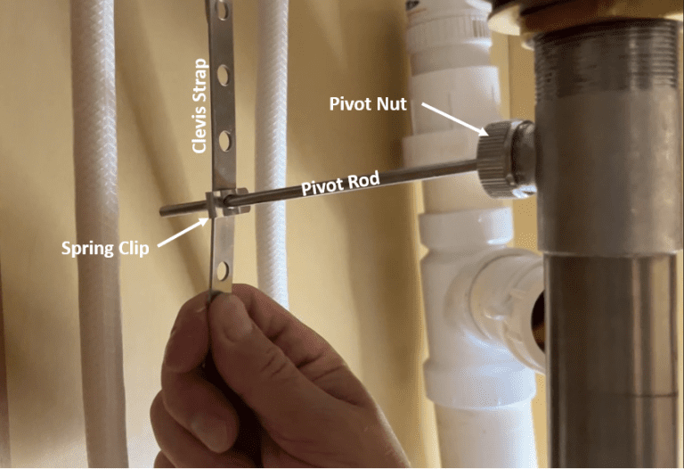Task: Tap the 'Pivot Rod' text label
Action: click(340, 185)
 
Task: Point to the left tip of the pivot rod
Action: click(164, 210)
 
